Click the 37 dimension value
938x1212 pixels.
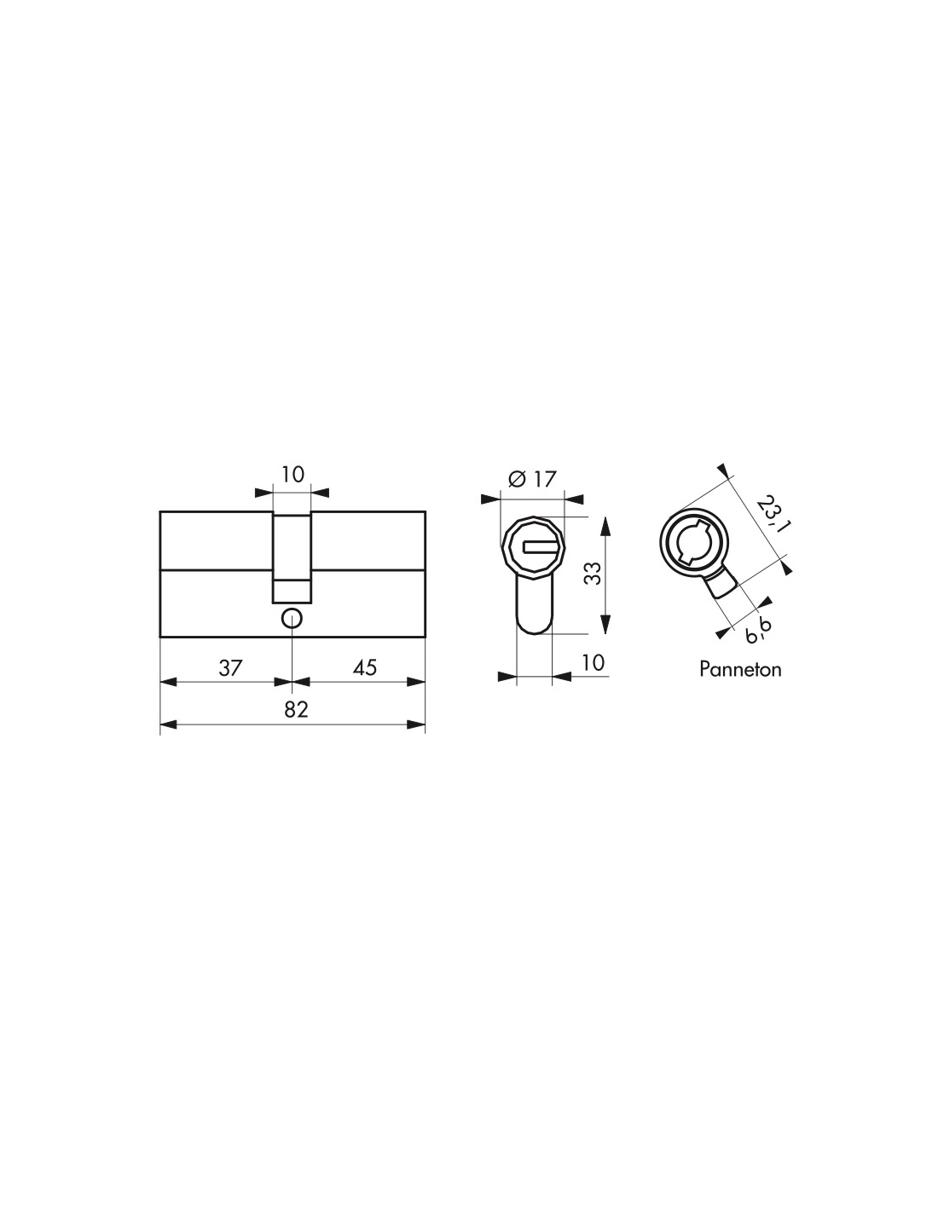pyautogui.click(x=230, y=667)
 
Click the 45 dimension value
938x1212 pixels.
pyautogui.click(x=365, y=667)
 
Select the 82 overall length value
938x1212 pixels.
pyautogui.click(x=296, y=710)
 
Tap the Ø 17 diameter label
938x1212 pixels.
pyautogui.click(x=533, y=478)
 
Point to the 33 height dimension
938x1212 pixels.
pyautogui.click(x=593, y=573)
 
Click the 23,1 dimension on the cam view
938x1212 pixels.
pyautogui.click(x=771, y=514)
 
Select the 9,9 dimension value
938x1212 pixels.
pyautogui.click(x=759, y=631)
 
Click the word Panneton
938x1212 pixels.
pyautogui.click(x=740, y=669)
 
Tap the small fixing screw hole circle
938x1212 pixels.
pyautogui.click(x=292, y=618)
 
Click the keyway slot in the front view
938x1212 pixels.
pyautogui.click(x=539, y=548)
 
